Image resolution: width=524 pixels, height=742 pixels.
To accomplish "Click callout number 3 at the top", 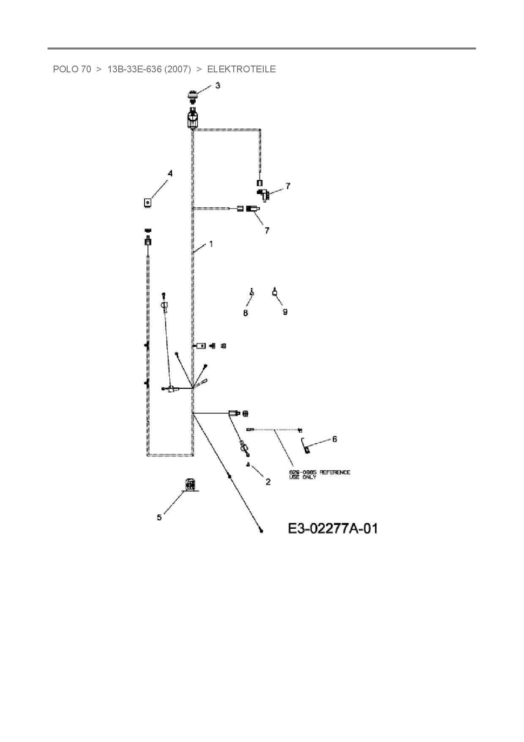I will (218, 85).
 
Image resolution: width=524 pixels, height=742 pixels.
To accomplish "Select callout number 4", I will (170, 173).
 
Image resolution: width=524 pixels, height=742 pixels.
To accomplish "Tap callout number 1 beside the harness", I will (211, 244).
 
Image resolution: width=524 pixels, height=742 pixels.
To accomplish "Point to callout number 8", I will (246, 313).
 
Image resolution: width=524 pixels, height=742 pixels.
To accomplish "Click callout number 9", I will (285, 312).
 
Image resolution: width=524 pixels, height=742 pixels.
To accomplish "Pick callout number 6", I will (335, 439).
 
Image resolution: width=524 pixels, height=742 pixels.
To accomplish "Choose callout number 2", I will (268, 481).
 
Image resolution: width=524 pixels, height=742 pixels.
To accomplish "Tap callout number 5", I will (159, 517).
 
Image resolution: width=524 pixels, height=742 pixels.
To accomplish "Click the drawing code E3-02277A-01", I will (333, 528).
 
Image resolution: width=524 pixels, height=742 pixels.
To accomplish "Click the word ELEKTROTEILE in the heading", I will (241, 69).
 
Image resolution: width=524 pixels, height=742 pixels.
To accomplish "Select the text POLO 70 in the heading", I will (72, 69).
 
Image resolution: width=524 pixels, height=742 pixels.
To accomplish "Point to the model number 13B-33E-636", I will (134, 69).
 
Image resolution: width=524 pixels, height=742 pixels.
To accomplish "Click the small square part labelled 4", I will (147, 203).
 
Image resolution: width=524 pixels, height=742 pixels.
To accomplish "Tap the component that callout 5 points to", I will (190, 485).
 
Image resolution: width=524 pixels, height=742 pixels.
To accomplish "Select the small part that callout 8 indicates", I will (252, 293).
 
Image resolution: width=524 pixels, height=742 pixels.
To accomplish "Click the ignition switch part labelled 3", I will (193, 96).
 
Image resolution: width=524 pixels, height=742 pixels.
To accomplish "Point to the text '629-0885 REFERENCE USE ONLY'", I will (319, 474).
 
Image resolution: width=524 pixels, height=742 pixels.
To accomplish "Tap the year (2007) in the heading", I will (177, 69).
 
